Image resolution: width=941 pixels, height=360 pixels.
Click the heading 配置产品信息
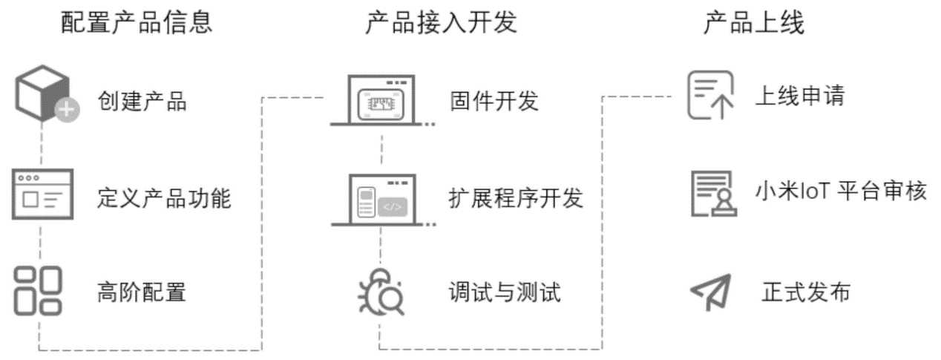(137, 22)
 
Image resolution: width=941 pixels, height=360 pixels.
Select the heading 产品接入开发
(441, 22)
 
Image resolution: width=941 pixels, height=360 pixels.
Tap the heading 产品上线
(754, 22)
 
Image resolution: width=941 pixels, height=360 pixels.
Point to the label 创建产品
(142, 101)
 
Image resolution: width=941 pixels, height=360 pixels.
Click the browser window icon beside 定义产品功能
(42, 194)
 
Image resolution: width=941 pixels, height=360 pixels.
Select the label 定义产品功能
(164, 198)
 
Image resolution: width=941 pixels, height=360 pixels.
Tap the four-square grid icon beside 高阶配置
(38, 291)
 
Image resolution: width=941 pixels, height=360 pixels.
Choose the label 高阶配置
(142, 292)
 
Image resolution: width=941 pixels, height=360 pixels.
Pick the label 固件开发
(494, 101)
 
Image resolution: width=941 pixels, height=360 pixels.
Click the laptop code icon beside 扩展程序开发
(383, 200)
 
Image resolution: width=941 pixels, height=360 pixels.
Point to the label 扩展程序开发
(516, 197)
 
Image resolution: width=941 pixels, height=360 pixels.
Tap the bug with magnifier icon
(381, 292)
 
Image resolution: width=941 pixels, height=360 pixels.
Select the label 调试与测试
(505, 292)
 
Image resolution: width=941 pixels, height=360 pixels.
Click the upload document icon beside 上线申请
(710, 95)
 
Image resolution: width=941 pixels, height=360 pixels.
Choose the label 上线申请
(800, 95)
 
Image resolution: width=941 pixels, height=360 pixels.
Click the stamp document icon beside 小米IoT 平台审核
(714, 194)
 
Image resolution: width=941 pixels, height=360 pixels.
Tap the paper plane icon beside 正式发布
(711, 292)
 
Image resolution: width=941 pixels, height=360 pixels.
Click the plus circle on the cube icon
(68, 110)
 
